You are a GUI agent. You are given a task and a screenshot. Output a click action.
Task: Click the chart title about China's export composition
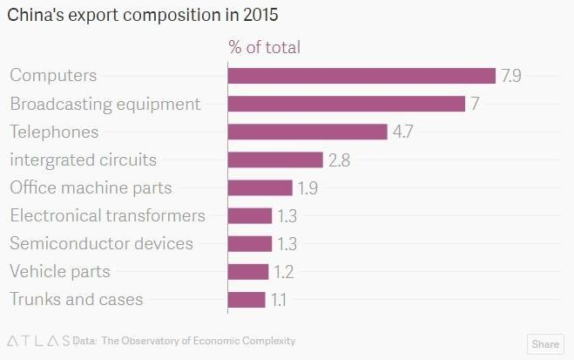pyautogui.click(x=144, y=16)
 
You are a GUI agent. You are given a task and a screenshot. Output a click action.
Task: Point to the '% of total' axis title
pyautogui.click(x=264, y=47)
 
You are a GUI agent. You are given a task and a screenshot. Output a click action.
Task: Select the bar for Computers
pyautogui.click(x=361, y=76)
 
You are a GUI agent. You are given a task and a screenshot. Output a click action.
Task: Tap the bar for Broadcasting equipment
pyautogui.click(x=346, y=104)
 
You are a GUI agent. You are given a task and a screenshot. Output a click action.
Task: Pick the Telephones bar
pyautogui.click(x=307, y=132)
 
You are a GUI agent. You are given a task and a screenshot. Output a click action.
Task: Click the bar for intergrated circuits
pyautogui.click(x=275, y=160)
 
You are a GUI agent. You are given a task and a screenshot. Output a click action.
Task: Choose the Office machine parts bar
pyautogui.click(x=260, y=187)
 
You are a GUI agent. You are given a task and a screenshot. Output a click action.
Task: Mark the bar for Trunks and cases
pyautogui.click(x=246, y=299)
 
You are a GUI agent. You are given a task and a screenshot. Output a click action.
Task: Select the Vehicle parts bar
pyautogui.click(x=248, y=271)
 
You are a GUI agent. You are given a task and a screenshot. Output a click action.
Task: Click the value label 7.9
pyautogui.click(x=510, y=76)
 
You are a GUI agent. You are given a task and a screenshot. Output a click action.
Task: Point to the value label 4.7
pyautogui.click(x=402, y=132)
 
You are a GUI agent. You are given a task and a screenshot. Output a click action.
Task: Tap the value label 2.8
pyautogui.click(x=339, y=160)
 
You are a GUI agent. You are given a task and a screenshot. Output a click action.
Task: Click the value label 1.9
pyautogui.click(x=307, y=187)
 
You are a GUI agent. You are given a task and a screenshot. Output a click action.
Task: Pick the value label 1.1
pyautogui.click(x=279, y=299)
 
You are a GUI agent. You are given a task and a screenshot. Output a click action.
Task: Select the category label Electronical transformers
pyautogui.click(x=107, y=215)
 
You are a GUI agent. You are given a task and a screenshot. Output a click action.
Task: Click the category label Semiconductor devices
pyautogui.click(x=101, y=243)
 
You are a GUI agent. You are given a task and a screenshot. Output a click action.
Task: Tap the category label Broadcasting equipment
pyautogui.click(x=105, y=104)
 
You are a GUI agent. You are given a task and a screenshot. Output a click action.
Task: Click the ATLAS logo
pyautogui.click(x=37, y=341)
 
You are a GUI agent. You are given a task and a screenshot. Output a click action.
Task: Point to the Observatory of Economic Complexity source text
pyautogui.click(x=199, y=341)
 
